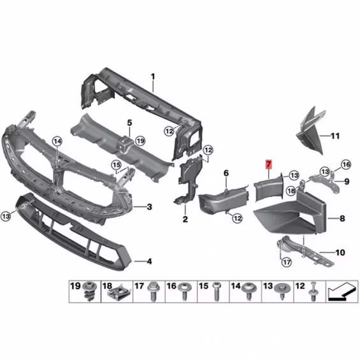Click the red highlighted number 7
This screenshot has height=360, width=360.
click(x=269, y=164)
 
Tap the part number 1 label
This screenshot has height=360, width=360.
click(x=153, y=76)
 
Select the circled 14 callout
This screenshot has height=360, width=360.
click(x=57, y=141)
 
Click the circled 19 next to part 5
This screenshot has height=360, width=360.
click(x=140, y=141)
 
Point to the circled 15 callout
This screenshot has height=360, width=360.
click(x=116, y=165)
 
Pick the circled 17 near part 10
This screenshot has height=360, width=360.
click(x=286, y=262)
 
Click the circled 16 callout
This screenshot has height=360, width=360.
click(x=346, y=164)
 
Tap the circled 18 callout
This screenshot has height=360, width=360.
click(x=292, y=191)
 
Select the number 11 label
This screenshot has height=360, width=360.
click(x=335, y=136)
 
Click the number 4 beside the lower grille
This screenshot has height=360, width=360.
click(x=149, y=261)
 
